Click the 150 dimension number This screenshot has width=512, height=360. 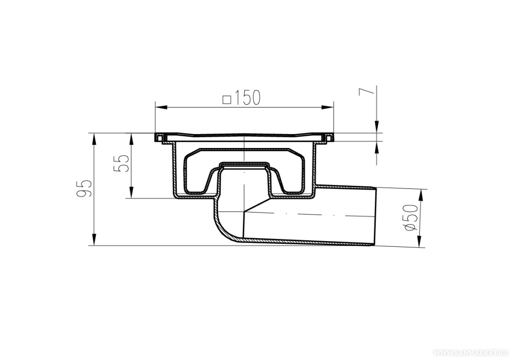(247, 98)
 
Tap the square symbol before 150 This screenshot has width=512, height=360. (227, 99)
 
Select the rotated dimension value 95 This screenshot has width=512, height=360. (83, 188)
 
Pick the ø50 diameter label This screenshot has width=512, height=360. (411, 217)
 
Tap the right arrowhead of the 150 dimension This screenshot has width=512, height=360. (327, 107)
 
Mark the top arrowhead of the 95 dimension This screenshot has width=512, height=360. (94, 139)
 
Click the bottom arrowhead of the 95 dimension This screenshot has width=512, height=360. (94, 239)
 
